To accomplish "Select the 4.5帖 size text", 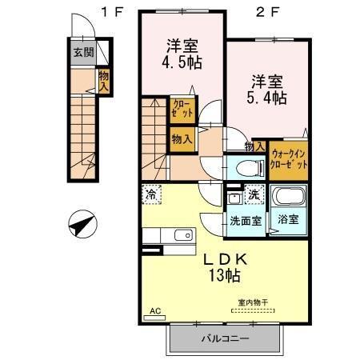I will (181, 62).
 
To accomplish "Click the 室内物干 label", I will (253, 303).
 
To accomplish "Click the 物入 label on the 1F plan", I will (104, 80).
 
